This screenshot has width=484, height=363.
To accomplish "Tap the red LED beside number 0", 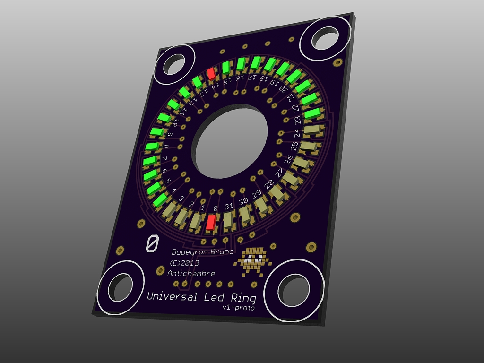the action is coord(211,222).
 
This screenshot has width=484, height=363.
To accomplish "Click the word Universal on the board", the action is coord(172,296).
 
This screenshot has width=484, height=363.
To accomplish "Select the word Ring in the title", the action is coord(243,298).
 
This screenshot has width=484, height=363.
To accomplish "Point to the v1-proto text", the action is coord(239,307).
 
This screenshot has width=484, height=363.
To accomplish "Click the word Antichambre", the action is coord(191,273).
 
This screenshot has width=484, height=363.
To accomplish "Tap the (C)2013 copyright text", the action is coord(184,263).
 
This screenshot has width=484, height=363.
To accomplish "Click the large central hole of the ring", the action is coord(230,141).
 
